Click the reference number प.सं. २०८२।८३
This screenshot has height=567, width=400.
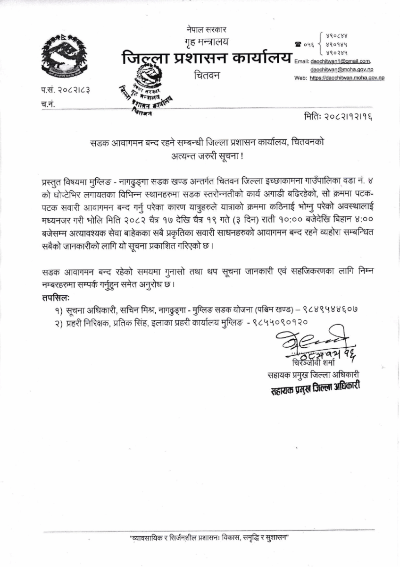pyautogui.click(x=65, y=90)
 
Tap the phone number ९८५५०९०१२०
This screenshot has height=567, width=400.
pyautogui.click(x=281, y=321)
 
